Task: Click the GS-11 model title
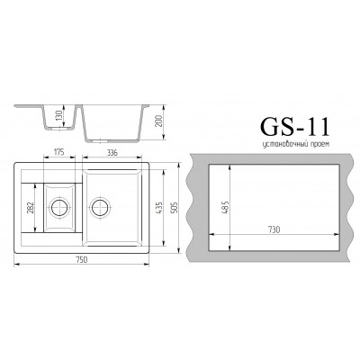(295, 126)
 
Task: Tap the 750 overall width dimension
(82, 260)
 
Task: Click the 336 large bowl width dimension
(112, 152)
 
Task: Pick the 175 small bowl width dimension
(59, 152)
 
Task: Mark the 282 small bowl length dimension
(30, 208)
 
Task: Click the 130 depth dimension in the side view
(59, 115)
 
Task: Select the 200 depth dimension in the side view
(159, 121)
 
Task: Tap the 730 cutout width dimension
(274, 229)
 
